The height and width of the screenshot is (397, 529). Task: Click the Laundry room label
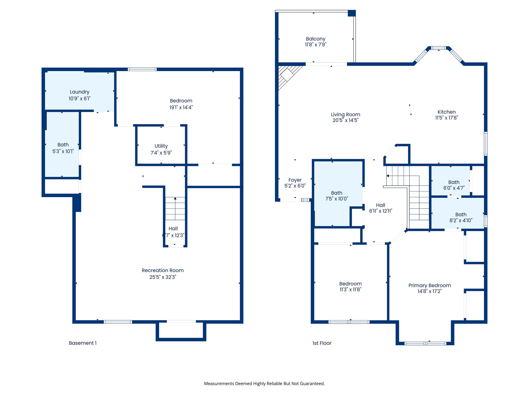click(80, 92)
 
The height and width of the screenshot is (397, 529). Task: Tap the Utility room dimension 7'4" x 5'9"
click(161, 153)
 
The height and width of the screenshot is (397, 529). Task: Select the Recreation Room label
click(163, 270)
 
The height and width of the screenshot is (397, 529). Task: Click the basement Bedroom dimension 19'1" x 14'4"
click(181, 108)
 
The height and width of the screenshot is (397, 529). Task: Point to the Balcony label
click(316, 39)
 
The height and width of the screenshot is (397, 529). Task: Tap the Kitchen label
click(447, 112)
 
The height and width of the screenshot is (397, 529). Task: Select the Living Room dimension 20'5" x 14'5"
click(346, 120)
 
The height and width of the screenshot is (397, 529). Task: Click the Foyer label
click(295, 180)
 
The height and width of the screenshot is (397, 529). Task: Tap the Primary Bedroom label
click(430, 285)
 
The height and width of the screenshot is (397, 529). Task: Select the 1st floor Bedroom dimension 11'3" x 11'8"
click(351, 289)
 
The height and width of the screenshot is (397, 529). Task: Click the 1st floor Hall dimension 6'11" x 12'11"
click(380, 211)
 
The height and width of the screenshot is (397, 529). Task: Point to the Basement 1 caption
click(83, 343)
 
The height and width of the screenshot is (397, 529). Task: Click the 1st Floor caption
click(322, 343)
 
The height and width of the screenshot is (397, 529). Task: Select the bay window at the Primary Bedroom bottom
click(425, 343)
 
